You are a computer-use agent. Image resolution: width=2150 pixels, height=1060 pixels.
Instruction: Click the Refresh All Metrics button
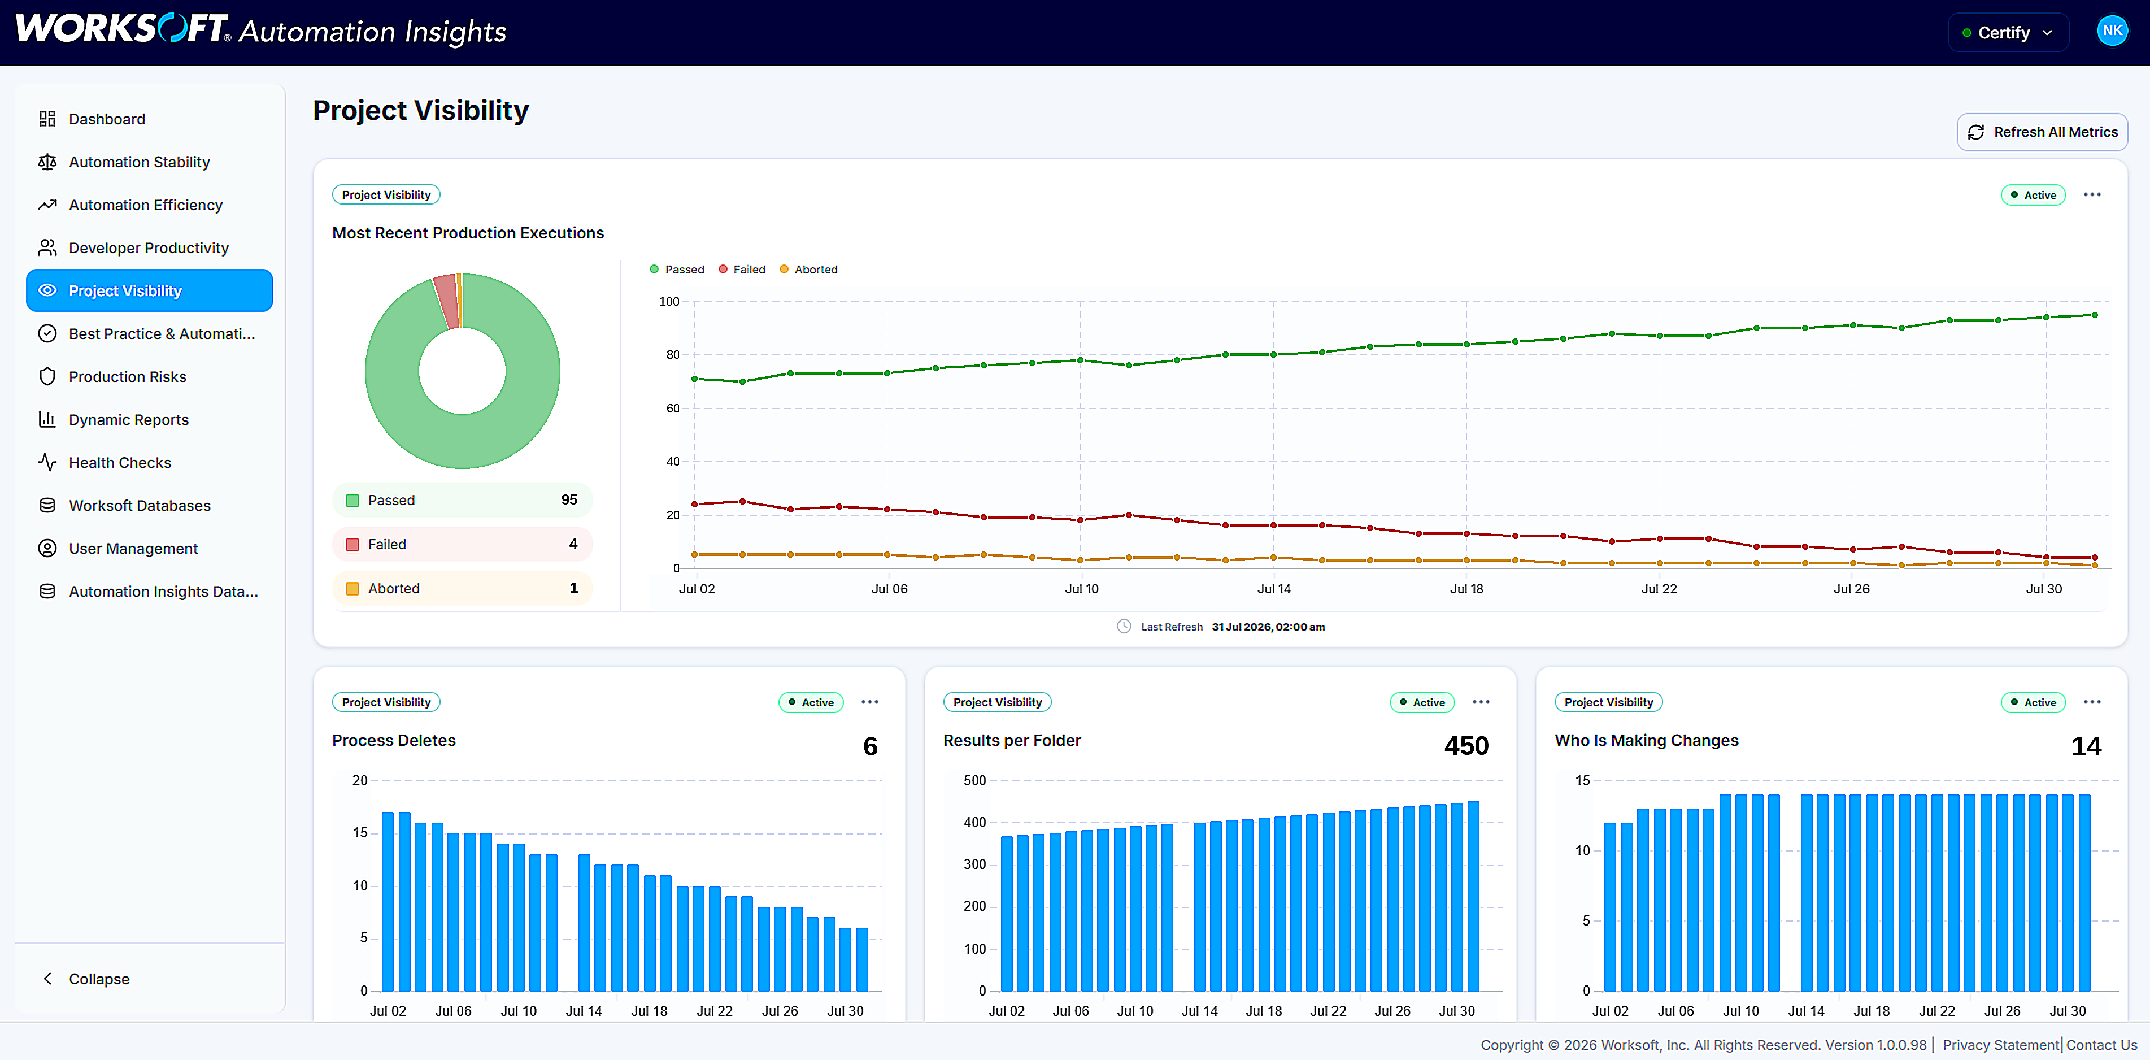(x=2042, y=132)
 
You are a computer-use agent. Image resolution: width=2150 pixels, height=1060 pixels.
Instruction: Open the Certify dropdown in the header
(x=2007, y=33)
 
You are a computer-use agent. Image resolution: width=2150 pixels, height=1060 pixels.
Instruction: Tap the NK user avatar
(x=2112, y=31)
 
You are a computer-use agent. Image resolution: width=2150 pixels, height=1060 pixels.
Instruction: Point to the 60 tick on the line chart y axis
(x=673, y=408)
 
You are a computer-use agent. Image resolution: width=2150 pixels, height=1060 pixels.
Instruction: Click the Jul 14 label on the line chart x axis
(x=1274, y=588)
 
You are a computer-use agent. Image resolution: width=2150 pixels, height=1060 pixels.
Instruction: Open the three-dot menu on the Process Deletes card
(x=870, y=702)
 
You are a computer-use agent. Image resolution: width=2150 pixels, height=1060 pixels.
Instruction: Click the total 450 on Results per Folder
(x=1466, y=745)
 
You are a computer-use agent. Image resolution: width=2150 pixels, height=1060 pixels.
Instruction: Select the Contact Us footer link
(x=2101, y=1044)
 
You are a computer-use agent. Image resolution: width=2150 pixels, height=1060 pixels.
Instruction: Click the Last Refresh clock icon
(x=1124, y=626)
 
